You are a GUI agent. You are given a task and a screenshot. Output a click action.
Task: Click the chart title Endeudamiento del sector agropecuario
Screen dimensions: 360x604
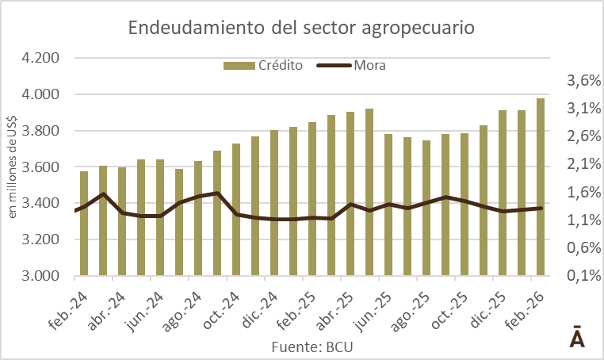pyautogui.click(x=301, y=29)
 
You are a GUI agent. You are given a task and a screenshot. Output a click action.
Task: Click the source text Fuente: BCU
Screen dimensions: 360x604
pyautogui.click(x=312, y=347)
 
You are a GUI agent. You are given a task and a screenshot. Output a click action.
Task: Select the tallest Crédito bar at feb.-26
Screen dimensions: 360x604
pyautogui.click(x=541, y=187)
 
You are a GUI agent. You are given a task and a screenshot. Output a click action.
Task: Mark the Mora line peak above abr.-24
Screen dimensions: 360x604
pyautogui.click(x=104, y=193)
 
